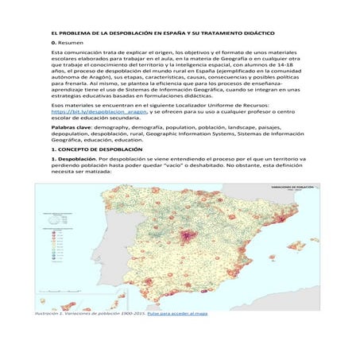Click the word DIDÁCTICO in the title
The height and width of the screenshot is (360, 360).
(x=260, y=34)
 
